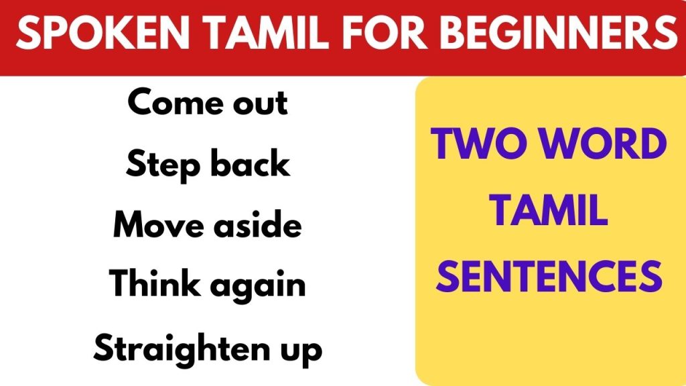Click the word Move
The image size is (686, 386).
click(155, 225)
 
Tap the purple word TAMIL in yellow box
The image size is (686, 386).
click(548, 211)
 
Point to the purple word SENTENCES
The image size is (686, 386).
click(548, 276)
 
